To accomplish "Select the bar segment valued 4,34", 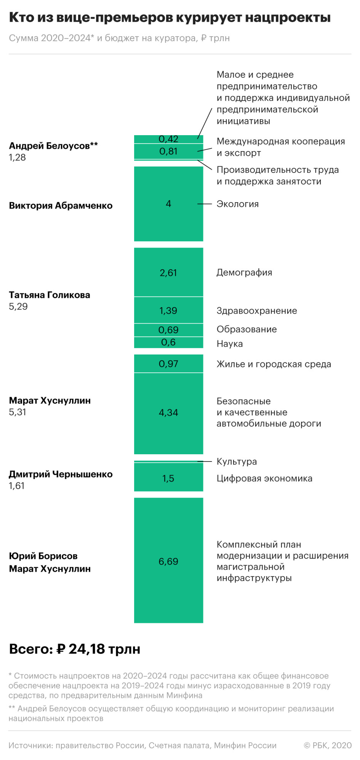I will pyautogui.click(x=168, y=413).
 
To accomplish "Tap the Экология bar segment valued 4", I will pyautogui.click(x=168, y=204).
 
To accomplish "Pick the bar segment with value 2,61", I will pyautogui.click(x=168, y=272).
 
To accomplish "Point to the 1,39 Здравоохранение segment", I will pyautogui.click(x=168, y=310).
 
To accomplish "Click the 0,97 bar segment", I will pyautogui.click(x=168, y=364).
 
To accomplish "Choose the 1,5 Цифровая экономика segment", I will pyautogui.click(x=168, y=478).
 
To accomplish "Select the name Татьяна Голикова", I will pyautogui.click(x=50, y=295).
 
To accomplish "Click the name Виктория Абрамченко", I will pyautogui.click(x=61, y=206).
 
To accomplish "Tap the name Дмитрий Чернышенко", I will pyautogui.click(x=61, y=474).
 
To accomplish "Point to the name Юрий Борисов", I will pyautogui.click(x=43, y=556).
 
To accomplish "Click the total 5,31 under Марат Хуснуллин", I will pyautogui.click(x=18, y=412).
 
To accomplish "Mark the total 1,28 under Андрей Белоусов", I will pyautogui.click(x=18, y=157).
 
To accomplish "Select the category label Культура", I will pyautogui.click(x=237, y=461).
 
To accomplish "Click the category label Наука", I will pyautogui.click(x=230, y=343).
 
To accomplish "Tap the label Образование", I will pyautogui.click(x=246, y=329).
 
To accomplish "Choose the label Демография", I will pyautogui.click(x=244, y=272).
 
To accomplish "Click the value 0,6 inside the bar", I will pyautogui.click(x=168, y=342).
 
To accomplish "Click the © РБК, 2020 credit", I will pyautogui.click(x=328, y=745).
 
